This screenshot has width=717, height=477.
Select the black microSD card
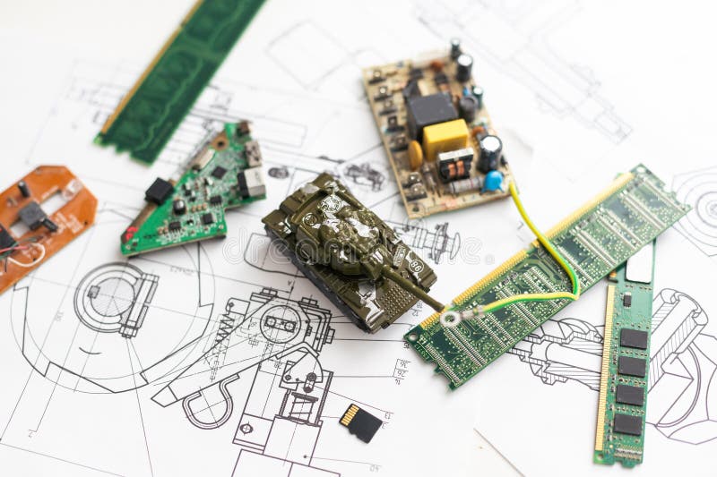coord(363,422)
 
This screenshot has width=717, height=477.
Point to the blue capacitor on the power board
coord(493,181)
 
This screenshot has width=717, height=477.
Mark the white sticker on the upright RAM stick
coord(640,266)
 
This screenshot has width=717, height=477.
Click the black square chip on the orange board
coord(33,214)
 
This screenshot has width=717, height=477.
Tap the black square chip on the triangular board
coord(159,191)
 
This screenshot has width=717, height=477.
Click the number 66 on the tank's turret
coord(415,266)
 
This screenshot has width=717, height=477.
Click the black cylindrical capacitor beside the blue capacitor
coord(489,151)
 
